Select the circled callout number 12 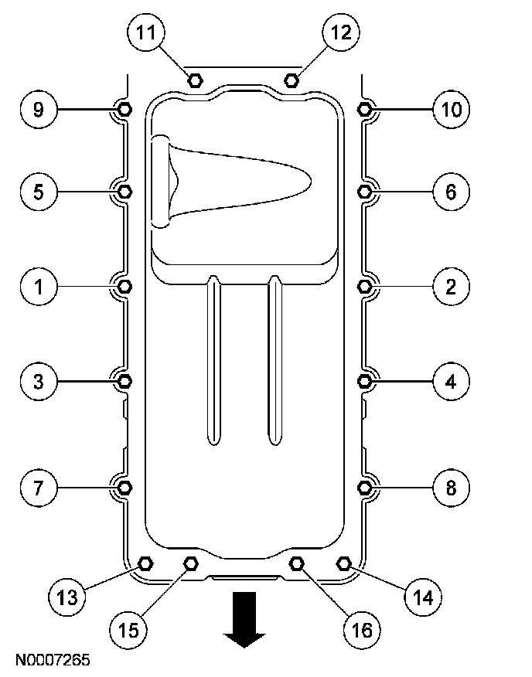click(341, 33)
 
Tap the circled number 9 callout click(37, 110)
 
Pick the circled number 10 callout click(451, 110)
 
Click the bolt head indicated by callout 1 click(124, 287)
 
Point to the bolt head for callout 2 click(366, 287)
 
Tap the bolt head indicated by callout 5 click(124, 191)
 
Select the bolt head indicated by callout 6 click(366, 191)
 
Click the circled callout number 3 click(37, 380)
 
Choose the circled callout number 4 click(451, 380)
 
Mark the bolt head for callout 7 click(124, 487)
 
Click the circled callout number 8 click(451, 487)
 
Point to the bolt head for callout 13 click(144, 562)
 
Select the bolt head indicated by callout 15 click(192, 563)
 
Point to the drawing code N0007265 click(50, 661)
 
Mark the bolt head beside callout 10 click(366, 110)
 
